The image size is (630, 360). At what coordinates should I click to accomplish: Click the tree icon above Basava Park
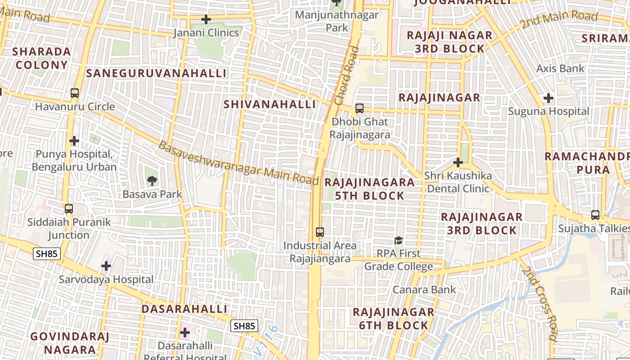tap(152, 181)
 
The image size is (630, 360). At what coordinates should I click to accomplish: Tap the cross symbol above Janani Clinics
tap(206, 19)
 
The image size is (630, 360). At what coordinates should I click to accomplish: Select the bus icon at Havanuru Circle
tap(75, 93)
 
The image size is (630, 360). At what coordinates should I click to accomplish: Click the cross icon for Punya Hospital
tap(74, 141)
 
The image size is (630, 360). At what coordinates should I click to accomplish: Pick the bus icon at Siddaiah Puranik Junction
tap(69, 209)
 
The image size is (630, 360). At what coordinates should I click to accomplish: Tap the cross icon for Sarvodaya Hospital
tap(106, 266)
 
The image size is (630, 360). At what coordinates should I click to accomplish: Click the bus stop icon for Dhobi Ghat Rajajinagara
tap(359, 108)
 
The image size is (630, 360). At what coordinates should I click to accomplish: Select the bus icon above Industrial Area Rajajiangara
tap(320, 232)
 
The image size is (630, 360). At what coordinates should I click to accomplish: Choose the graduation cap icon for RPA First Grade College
tap(398, 241)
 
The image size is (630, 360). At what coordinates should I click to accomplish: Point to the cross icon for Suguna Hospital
tap(548, 98)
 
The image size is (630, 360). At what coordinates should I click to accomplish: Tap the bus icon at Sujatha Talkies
tap(595, 215)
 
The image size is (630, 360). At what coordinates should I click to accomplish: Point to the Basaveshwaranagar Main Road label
tap(238, 163)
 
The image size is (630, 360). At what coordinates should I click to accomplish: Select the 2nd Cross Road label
tap(540, 303)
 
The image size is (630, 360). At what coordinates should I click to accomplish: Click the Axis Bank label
tap(560, 68)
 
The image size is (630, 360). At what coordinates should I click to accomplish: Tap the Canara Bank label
tap(424, 289)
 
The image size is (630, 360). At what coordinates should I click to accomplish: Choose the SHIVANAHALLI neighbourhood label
tap(270, 104)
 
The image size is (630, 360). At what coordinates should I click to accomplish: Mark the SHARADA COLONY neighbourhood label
tap(42, 58)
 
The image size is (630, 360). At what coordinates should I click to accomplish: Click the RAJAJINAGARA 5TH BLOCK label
tap(369, 189)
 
